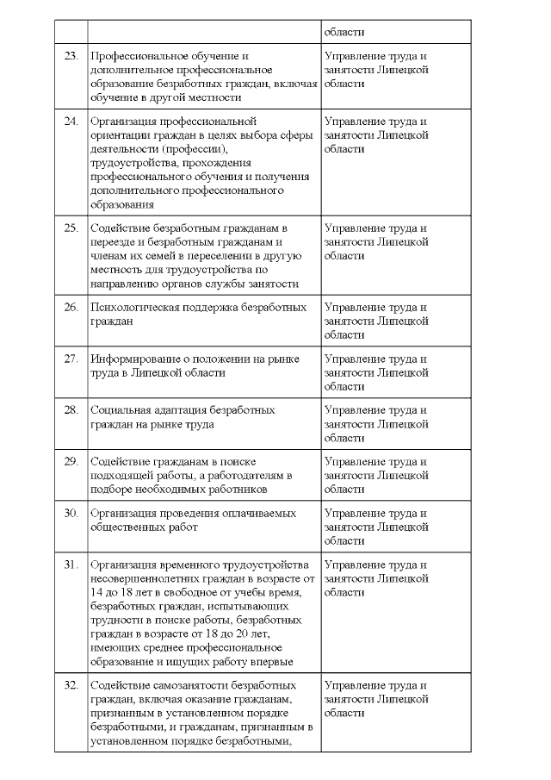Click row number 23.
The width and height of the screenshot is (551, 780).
[x=71, y=57]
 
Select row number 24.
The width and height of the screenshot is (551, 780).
[x=71, y=122]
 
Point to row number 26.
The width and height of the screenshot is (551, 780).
[x=71, y=307]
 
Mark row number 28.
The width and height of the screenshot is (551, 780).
[x=71, y=410]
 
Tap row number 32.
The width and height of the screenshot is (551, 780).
[x=71, y=685]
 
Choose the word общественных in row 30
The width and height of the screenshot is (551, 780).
[x=129, y=527]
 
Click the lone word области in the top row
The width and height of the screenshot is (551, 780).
[x=344, y=32]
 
